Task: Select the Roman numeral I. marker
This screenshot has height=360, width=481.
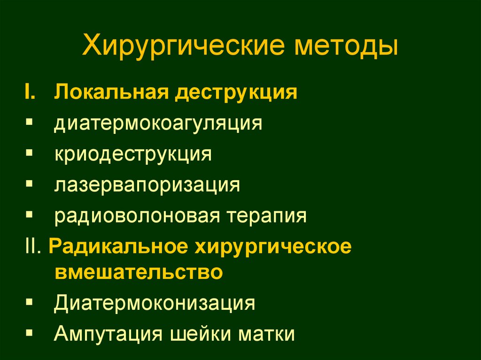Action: click(x=34, y=92)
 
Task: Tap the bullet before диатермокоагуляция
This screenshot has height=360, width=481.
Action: click(x=30, y=122)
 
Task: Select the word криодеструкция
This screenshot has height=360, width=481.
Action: click(x=132, y=154)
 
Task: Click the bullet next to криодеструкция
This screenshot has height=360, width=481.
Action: click(x=30, y=153)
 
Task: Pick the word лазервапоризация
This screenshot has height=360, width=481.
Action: click(x=147, y=185)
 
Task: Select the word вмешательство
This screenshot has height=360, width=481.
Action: click(x=138, y=272)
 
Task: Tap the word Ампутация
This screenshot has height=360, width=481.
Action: click(x=109, y=334)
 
